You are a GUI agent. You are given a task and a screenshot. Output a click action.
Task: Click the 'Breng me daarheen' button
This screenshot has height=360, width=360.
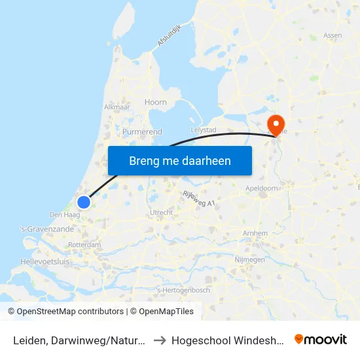pyautogui.click(x=180, y=160)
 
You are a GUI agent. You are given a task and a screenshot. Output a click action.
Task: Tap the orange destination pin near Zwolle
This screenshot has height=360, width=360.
pyautogui.click(x=276, y=124)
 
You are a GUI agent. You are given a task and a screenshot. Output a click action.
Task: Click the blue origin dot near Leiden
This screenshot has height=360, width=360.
pyautogui.click(x=83, y=202)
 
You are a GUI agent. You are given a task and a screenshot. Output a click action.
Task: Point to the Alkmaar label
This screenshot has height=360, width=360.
pyautogui.click(x=117, y=107)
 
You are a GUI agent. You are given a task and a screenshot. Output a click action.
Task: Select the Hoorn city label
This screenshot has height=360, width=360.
pyautogui.click(x=156, y=102)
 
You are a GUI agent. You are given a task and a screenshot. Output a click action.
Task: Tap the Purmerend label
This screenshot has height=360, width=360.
pyautogui.click(x=142, y=132)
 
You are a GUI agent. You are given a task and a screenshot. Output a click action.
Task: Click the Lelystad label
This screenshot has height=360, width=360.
pyautogui.click(x=203, y=130)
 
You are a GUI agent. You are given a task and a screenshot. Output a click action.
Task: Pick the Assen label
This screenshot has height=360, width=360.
pyautogui.click(x=333, y=35)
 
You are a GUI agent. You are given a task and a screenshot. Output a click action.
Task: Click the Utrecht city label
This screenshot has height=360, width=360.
pyautogui.click(x=161, y=213)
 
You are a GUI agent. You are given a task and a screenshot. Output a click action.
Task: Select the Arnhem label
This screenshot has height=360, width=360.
pyautogui.click(x=255, y=233)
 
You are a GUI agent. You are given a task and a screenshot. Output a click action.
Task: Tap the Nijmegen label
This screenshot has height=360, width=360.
pyautogui.click(x=249, y=260)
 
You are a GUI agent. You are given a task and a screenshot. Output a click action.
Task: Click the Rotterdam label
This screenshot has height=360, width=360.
pyautogui.click(x=84, y=245)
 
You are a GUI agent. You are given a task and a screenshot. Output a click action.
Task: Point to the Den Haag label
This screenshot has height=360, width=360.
pyautogui.click(x=64, y=215)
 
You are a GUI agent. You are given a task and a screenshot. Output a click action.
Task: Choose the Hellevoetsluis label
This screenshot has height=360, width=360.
pyautogui.click(x=45, y=261)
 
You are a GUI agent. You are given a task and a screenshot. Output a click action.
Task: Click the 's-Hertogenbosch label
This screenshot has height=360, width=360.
pyautogui.click(x=184, y=290)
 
